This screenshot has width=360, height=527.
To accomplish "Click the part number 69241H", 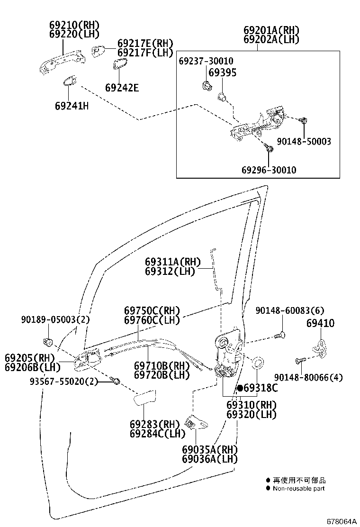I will pos(72,105).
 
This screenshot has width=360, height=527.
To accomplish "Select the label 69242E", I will pos(122,88).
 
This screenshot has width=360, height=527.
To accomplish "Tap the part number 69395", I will pos(222,73).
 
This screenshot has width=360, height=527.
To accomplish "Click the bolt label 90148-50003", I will pos(304,141).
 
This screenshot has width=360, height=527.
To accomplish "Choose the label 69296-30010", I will pos(269,170).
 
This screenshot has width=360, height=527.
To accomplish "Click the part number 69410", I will pos(320,323).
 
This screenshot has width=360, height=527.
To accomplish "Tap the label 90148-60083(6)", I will pos(290,310).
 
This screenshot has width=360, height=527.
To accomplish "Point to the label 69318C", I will pos(261,388).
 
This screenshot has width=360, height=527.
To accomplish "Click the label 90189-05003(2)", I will pos(55,320).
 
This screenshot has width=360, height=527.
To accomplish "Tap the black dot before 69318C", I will pos(240,388).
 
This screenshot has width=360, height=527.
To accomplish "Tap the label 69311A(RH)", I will pos(172,262).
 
